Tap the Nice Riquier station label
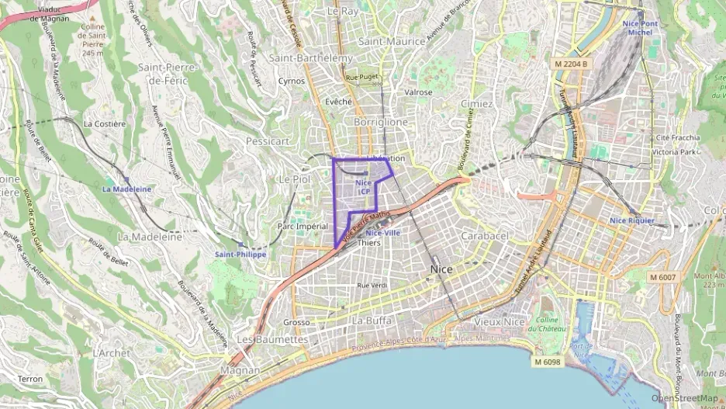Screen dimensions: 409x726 tap(631, 220)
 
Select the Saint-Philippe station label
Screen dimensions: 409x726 tap(240, 254)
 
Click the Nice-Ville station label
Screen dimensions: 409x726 tap(382, 232)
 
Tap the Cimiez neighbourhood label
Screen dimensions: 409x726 tap(476, 103)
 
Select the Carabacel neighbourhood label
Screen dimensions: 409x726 tap(484, 234)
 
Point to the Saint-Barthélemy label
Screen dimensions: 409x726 tap(310, 57)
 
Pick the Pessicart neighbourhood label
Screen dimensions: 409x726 tap(267, 141)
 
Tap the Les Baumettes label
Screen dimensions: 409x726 tap(271, 340)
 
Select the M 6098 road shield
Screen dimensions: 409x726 tap(548, 362)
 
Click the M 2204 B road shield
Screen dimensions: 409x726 tap(572, 63)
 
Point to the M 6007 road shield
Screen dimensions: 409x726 tap(663, 277)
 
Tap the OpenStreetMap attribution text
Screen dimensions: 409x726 tap(685, 399)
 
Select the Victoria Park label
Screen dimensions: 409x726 tap(674, 152)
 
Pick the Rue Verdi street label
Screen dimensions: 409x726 tap(372, 286)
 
